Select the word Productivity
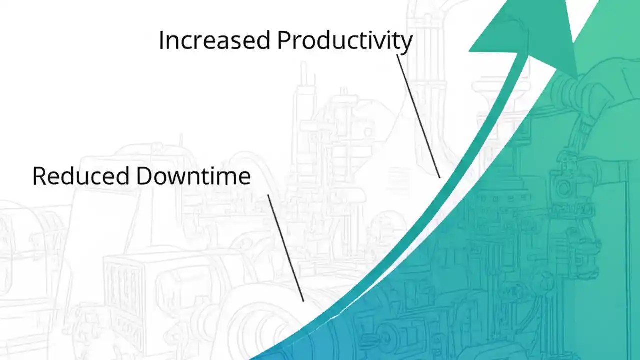[x=345, y=40]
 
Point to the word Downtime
[x=193, y=176]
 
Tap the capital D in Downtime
[x=143, y=176]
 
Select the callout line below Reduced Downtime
[x=285, y=248]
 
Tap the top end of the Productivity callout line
[x=397, y=55]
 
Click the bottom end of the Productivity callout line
[x=440, y=177]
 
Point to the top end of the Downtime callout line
[x=268, y=195]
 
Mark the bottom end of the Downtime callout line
[x=303, y=301]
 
